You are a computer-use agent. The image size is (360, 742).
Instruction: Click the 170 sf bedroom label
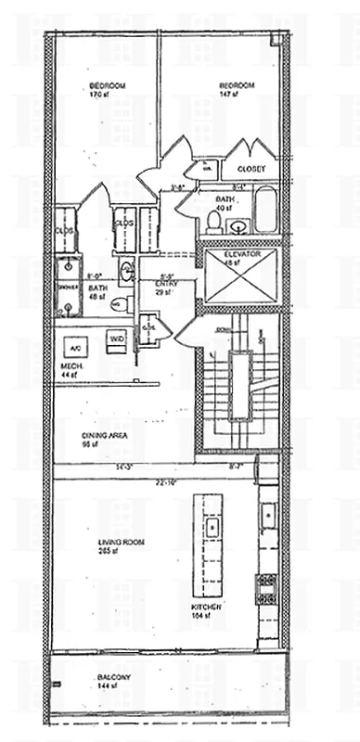pyautogui.click(x=108, y=90)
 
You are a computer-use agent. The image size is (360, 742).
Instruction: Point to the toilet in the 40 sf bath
pyautogui.click(x=238, y=224)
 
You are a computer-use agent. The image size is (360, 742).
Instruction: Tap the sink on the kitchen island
pyautogui.click(x=211, y=529)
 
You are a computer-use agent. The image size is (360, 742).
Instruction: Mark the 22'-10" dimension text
pyautogui.click(x=167, y=483)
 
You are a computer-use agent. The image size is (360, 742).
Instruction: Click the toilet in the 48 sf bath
pyautogui.click(x=115, y=303)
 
